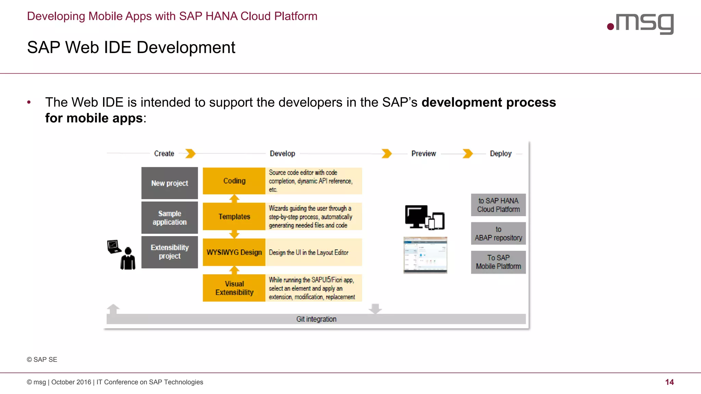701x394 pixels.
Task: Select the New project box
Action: pyautogui.click(x=169, y=183)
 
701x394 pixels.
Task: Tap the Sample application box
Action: pyautogui.click(x=169, y=218)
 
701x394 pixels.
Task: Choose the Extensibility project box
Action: pyautogui.click(x=169, y=252)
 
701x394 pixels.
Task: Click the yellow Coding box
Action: pyautogui.click(x=234, y=181)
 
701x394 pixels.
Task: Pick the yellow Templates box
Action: pyautogui.click(x=234, y=216)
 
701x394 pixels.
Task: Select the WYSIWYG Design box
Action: pyautogui.click(x=234, y=252)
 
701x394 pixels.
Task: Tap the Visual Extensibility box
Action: pyautogui.click(x=234, y=288)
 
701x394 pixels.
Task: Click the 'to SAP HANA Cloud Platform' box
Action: pyautogui.click(x=498, y=205)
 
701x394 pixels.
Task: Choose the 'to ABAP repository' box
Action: pyautogui.click(x=498, y=233)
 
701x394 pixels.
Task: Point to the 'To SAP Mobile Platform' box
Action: pyautogui.click(x=498, y=262)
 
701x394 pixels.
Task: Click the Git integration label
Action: pyautogui.click(x=316, y=319)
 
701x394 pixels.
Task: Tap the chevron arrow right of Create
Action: pyautogui.click(x=190, y=154)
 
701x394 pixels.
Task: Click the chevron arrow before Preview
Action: pyautogui.click(x=386, y=154)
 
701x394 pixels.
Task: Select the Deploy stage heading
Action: pyautogui.click(x=500, y=154)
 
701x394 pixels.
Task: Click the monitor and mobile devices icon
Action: pyautogui.click(x=424, y=218)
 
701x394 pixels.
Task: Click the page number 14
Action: pyautogui.click(x=669, y=382)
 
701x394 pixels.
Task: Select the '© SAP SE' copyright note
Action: pyautogui.click(x=42, y=359)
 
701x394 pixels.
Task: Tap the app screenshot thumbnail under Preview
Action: pyautogui.click(x=425, y=255)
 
